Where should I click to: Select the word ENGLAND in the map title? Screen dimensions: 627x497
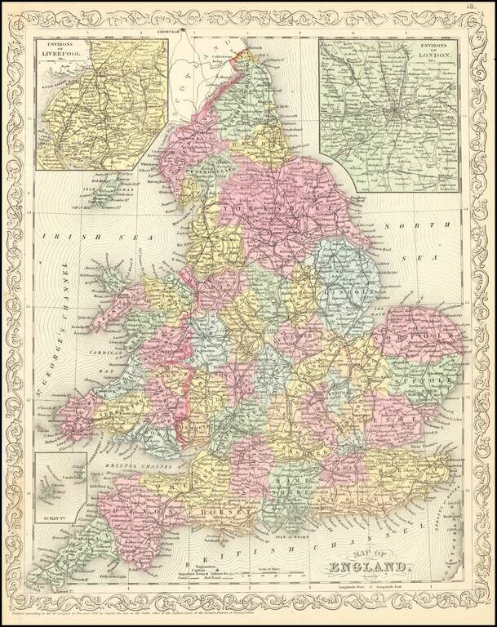coord(369,567)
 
